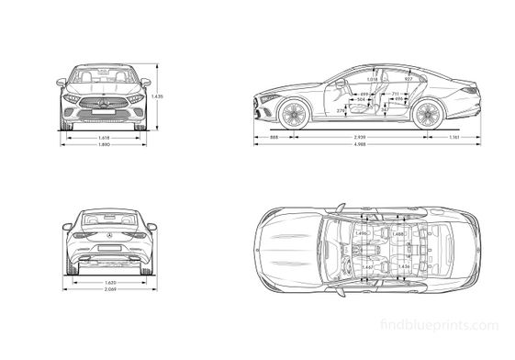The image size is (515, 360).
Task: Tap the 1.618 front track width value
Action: tap(104, 138)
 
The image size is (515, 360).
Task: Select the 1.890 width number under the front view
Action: tap(104, 145)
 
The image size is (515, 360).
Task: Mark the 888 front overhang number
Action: tap(274, 138)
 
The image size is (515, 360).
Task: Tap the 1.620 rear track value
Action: tap(109, 282)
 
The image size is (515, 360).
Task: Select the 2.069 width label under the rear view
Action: tap(109, 290)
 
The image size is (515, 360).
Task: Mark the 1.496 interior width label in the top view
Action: tap(361, 234)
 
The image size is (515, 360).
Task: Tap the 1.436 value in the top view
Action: tap(403, 266)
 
